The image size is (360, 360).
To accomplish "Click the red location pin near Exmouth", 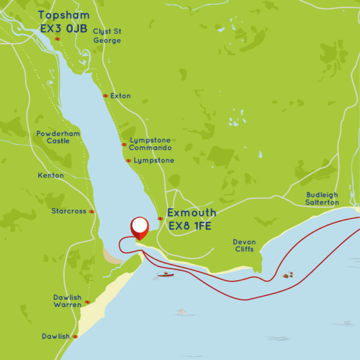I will point(139,227).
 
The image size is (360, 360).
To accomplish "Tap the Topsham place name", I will point(64,15).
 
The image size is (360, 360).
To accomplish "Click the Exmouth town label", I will point(191,213).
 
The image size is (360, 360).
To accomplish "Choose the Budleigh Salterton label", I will point(322,199).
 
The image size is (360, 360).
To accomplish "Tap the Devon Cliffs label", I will point(244,245).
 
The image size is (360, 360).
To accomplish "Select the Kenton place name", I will point(50,176).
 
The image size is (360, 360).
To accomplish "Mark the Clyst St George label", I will point(107,36).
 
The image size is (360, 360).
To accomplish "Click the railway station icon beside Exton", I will point(105,96).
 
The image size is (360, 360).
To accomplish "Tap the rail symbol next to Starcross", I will point(92,211).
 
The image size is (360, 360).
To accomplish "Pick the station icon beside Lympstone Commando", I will point(124,145).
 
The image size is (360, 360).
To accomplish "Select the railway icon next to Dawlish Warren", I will point(87,301).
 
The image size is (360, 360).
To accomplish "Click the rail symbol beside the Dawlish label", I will point(75,337).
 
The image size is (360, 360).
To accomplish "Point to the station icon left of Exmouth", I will point(160,218).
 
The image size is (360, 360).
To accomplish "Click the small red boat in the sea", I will point(166,275).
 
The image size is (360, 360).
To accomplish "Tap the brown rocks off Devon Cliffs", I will point(288,275).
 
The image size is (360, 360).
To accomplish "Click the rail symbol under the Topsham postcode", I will point(58,39).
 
